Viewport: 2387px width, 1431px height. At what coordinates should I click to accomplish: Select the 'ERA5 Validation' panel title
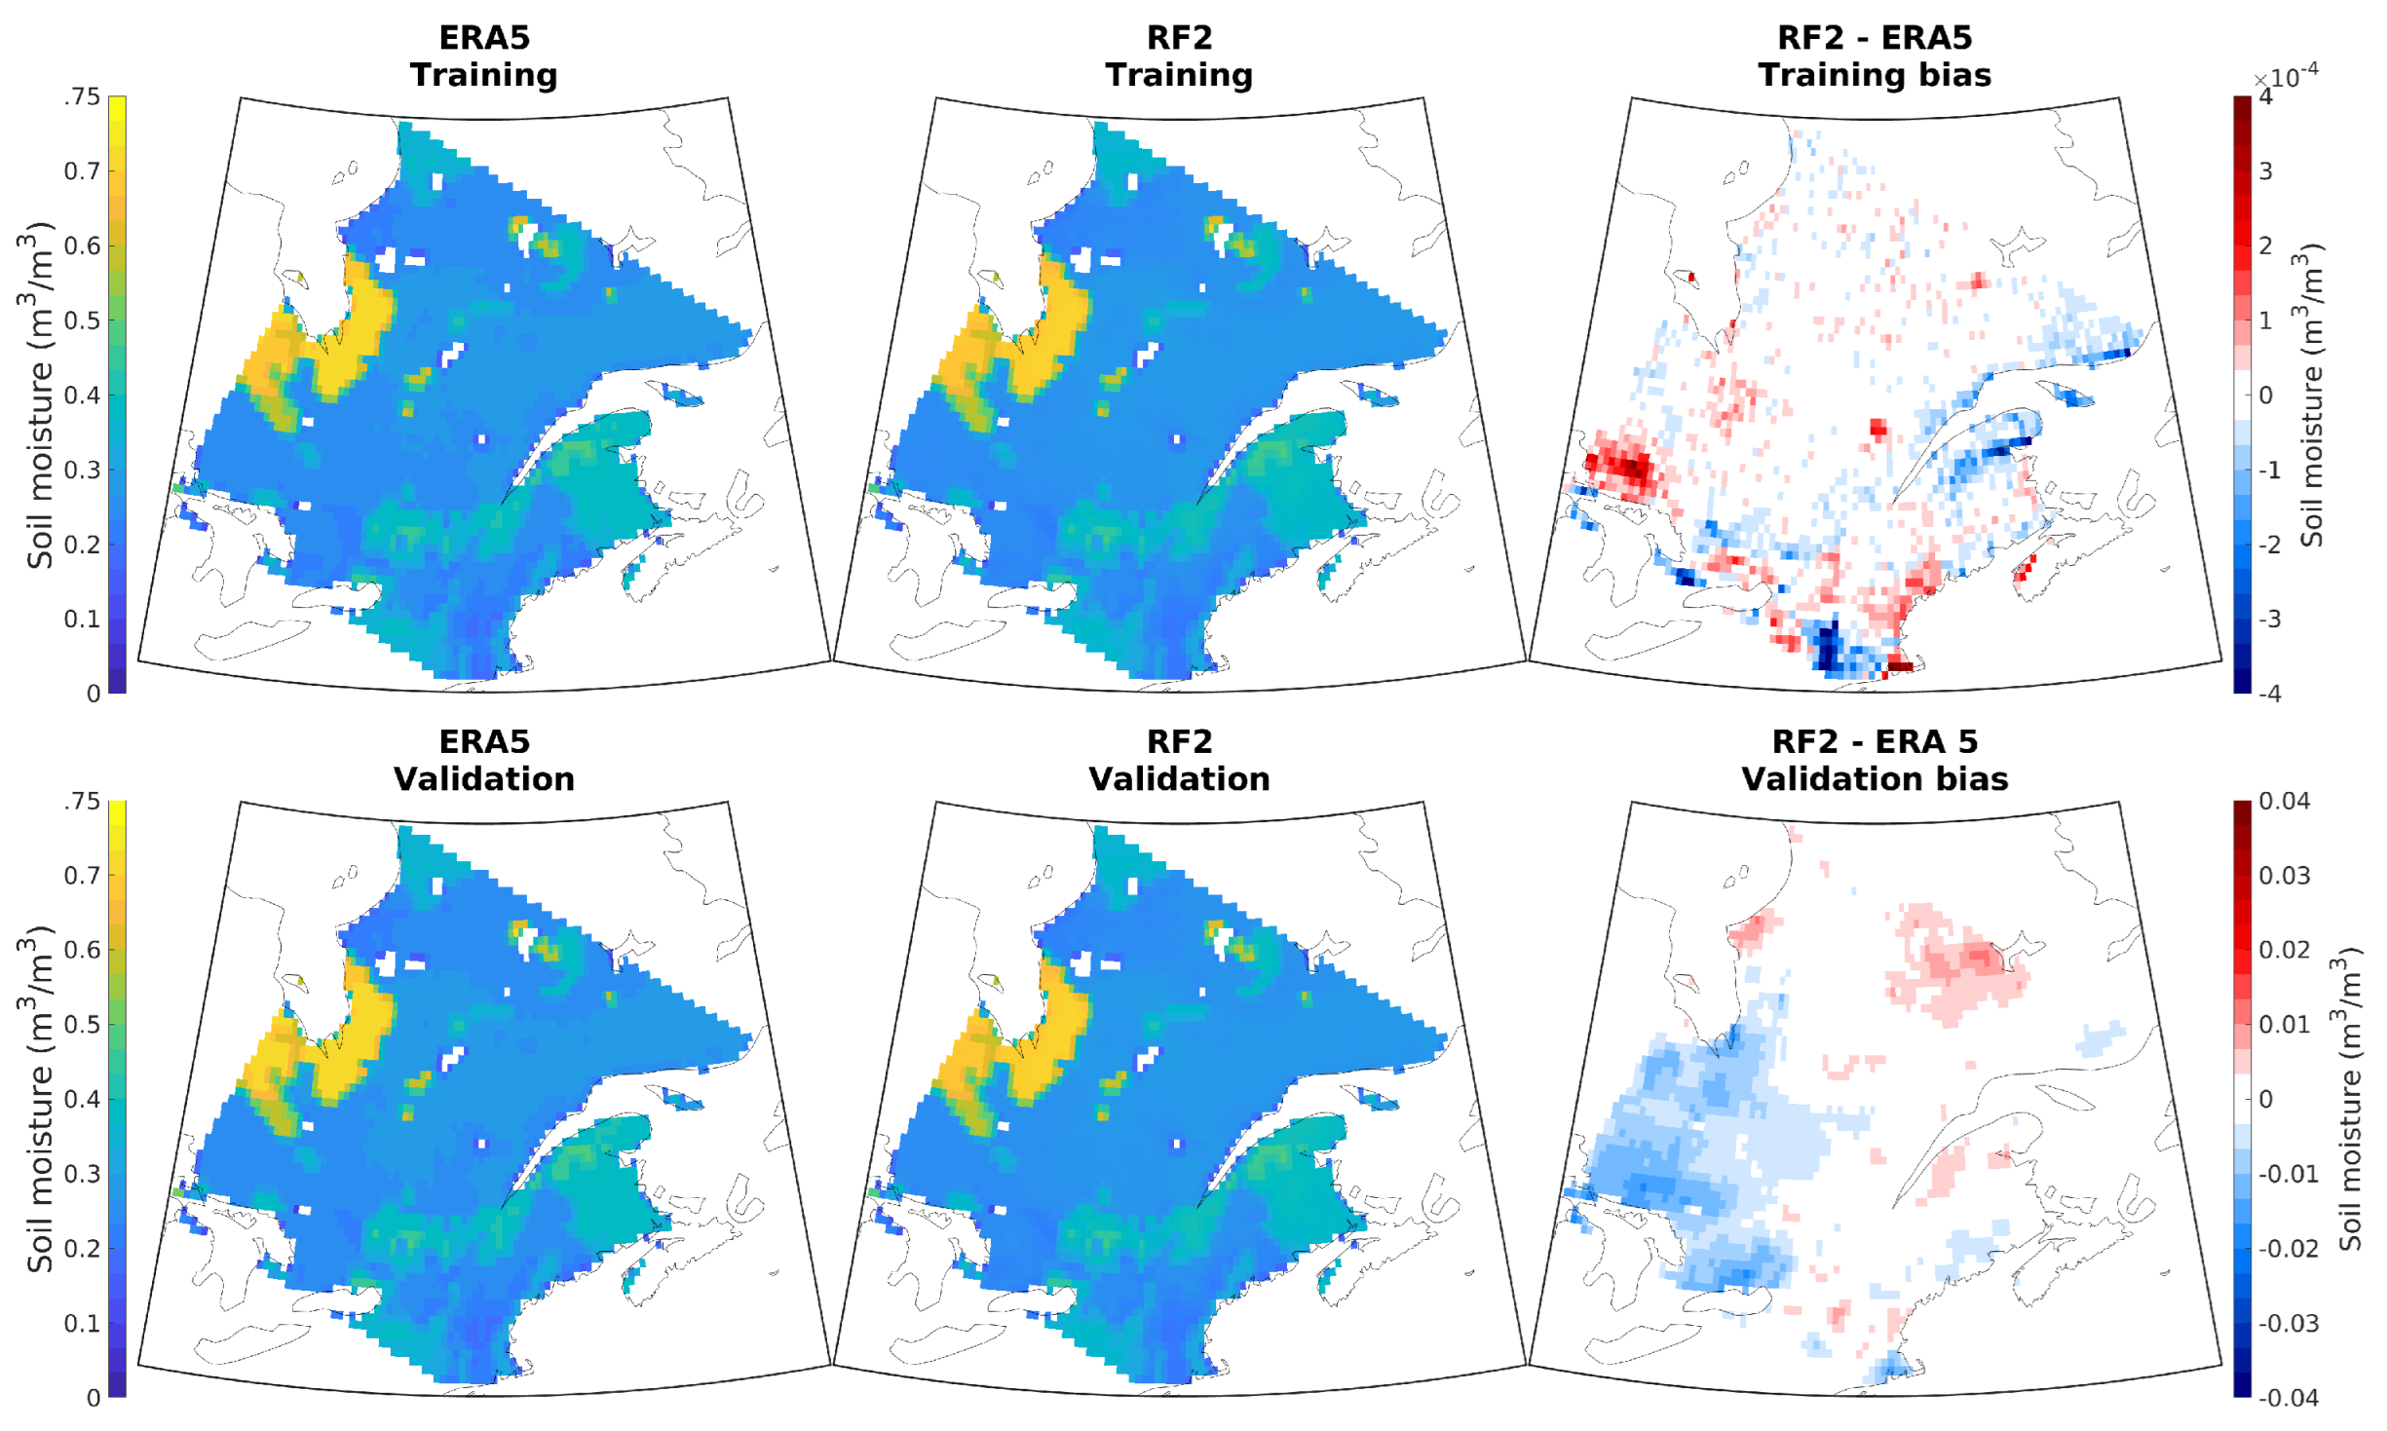483,760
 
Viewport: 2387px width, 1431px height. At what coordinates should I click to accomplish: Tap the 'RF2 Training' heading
1179,56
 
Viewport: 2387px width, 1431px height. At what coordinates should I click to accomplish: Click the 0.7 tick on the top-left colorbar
82,171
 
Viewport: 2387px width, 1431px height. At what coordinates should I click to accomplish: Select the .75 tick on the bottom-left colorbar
82,801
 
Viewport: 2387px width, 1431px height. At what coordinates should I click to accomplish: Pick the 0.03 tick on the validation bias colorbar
2284,875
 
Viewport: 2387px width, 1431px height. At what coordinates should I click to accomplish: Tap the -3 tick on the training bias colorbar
2270,619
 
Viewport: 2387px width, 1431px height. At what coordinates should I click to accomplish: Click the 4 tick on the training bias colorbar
2266,96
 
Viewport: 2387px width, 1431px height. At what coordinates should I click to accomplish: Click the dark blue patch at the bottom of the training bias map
1828,647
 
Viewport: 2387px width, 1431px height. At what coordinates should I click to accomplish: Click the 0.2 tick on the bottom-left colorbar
82,1248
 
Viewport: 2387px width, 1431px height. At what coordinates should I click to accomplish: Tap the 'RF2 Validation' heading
1179,760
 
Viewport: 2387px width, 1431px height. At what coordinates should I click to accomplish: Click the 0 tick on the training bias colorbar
2266,395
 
